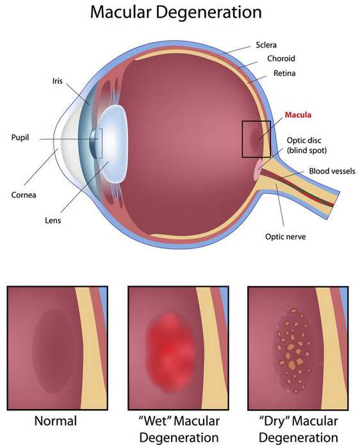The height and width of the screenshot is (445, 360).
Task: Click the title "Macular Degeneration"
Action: (176, 13)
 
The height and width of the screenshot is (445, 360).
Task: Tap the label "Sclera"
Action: (266, 45)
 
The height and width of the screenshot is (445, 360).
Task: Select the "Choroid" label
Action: (281, 58)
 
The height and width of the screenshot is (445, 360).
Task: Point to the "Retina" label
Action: (284, 73)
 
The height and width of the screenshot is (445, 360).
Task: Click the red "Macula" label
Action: (298, 115)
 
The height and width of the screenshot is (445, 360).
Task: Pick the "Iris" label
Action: (58, 81)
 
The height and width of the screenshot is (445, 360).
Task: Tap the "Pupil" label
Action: (20, 138)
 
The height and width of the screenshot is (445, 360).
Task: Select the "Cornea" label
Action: (24, 195)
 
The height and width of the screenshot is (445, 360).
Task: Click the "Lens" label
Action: (53, 220)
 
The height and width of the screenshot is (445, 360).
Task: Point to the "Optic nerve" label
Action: (285, 237)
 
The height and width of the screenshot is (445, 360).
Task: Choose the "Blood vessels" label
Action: (332, 171)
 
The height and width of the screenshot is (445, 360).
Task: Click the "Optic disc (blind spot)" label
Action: (307, 145)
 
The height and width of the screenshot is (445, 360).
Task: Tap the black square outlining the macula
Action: (242, 139)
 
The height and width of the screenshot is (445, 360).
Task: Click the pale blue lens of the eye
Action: (113, 144)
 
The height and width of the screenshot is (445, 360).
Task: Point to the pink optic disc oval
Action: (258, 170)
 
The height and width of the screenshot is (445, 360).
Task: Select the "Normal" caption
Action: (56, 421)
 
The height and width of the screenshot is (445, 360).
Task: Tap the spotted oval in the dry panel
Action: (293, 350)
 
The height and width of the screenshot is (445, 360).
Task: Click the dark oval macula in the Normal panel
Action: (53, 351)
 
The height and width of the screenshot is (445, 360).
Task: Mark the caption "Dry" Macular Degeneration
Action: (299, 429)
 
